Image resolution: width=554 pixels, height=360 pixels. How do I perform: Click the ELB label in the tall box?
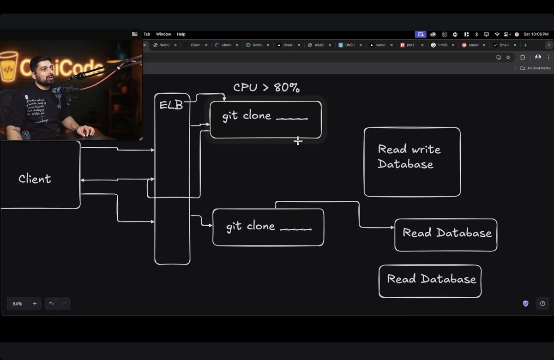click(171, 105)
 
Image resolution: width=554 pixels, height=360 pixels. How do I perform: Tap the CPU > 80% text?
click(266, 88)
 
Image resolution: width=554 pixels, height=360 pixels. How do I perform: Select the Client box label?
click(35, 179)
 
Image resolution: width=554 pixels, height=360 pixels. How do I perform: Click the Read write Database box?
click(412, 162)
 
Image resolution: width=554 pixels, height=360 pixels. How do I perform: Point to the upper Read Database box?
click(446, 234)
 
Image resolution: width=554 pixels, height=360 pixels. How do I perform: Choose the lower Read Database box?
click(430, 281)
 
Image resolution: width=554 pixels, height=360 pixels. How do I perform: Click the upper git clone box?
click(265, 119)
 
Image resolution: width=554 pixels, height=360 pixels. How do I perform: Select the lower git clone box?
click(268, 227)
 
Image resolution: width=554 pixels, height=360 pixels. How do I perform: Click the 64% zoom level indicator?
click(18, 304)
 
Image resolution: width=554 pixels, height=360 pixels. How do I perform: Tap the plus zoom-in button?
click(35, 304)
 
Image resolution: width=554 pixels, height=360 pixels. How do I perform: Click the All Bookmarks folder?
click(536, 68)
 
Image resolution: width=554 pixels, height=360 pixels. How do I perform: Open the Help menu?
click(181, 34)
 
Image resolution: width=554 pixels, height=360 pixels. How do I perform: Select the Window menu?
click(163, 34)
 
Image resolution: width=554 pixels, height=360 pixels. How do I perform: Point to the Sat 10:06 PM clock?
click(536, 34)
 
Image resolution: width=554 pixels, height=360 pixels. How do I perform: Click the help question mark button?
click(542, 303)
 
